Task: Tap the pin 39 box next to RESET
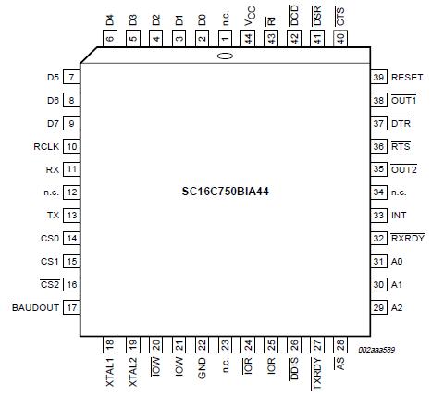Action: point(377,78)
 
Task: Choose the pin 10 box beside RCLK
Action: point(70,146)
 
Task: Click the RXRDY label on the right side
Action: point(407,238)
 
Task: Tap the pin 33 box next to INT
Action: point(377,215)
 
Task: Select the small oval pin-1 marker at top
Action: point(224,57)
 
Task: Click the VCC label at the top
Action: point(248,18)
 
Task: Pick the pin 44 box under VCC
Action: point(248,40)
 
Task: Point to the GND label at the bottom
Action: point(201,372)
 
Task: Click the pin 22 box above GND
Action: point(201,343)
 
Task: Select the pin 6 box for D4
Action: point(109,40)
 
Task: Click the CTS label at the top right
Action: point(340,16)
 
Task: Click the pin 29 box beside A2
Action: point(377,306)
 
